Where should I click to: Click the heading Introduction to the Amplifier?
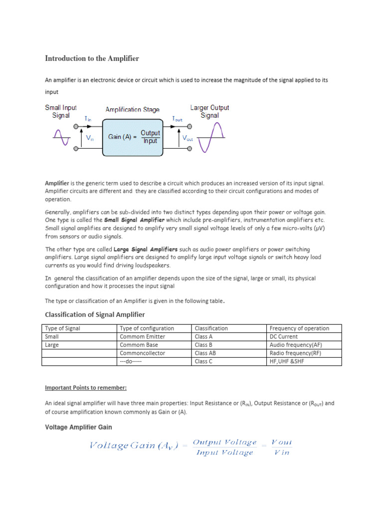pos(92,59)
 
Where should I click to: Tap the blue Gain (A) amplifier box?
pos(132,137)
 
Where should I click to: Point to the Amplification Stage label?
pos(132,109)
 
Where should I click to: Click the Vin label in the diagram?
pos(90,139)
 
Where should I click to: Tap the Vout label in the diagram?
pos(188,138)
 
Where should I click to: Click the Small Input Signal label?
pos(61,111)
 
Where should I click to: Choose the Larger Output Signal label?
pos(209,111)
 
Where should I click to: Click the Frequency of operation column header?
pos(299,328)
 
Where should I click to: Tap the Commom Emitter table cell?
pos(143,336)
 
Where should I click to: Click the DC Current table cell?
pos(283,336)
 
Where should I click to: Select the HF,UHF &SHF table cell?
pos(286,361)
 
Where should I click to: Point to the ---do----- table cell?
pos(131,361)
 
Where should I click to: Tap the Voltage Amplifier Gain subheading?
pos(78,427)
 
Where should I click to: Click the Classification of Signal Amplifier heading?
pos(95,314)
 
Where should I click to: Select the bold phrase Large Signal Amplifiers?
pos(145,249)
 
